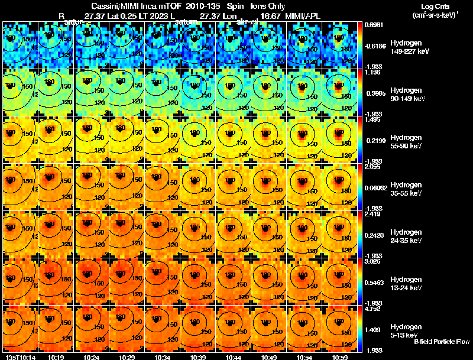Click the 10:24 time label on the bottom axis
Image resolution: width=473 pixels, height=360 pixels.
pos(92,357)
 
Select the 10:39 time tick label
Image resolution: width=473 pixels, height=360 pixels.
pos(198,357)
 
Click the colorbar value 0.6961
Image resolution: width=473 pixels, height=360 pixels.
pos(372,25)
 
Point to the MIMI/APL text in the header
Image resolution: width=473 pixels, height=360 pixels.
pos(303,16)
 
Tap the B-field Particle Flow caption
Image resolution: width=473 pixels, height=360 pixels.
pos(441,342)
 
